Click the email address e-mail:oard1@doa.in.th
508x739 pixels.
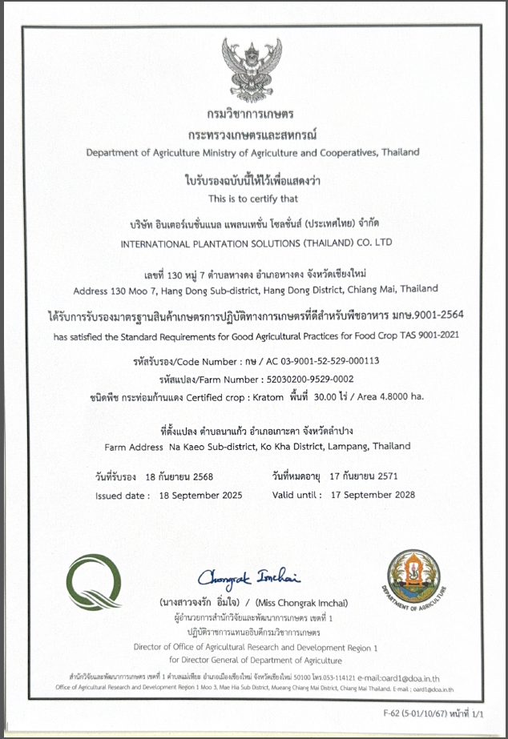coord(405,677)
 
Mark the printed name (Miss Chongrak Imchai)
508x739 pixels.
coord(302,602)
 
